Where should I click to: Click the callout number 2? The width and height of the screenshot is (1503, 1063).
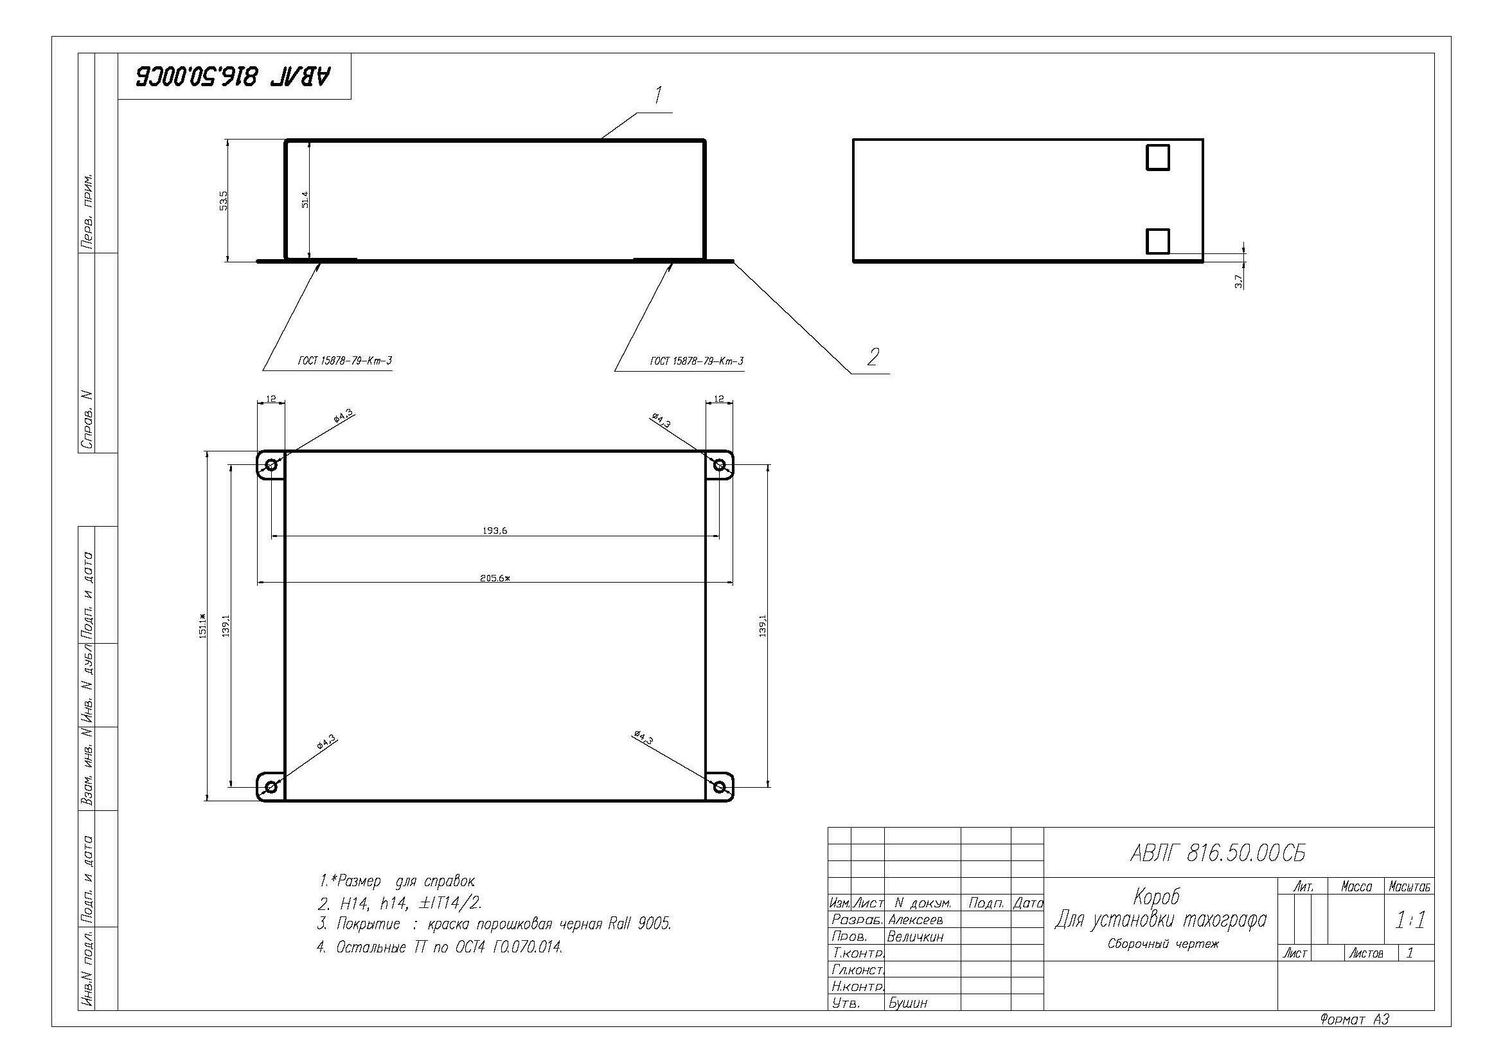[873, 357]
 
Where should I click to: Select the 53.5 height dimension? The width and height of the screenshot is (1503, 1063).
[224, 201]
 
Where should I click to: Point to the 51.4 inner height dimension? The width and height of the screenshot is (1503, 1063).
[305, 200]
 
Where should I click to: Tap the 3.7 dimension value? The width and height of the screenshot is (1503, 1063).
[1238, 282]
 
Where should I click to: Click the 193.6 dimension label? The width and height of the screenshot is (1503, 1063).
[494, 531]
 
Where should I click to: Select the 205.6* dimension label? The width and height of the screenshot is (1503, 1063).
[495, 577]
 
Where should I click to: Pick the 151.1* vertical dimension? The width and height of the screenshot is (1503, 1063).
[202, 626]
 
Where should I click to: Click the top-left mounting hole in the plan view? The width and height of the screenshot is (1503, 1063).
[271, 465]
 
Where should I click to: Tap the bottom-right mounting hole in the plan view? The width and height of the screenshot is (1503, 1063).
[719, 786]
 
